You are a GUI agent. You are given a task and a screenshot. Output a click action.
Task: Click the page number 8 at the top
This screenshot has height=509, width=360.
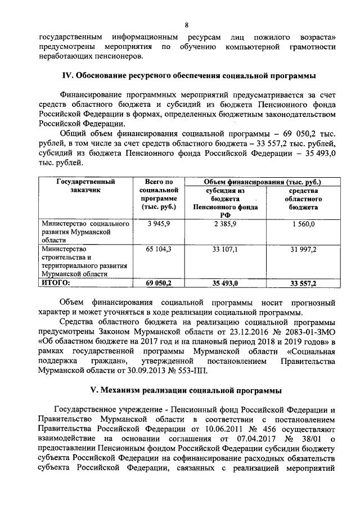point(186,25)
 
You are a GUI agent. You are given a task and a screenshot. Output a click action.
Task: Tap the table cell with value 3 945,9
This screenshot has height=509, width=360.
point(158,224)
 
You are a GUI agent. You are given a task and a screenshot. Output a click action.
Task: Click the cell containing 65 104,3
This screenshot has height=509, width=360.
point(158,249)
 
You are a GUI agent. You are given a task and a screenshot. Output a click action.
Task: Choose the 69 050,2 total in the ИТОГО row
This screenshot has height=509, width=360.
point(158,283)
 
